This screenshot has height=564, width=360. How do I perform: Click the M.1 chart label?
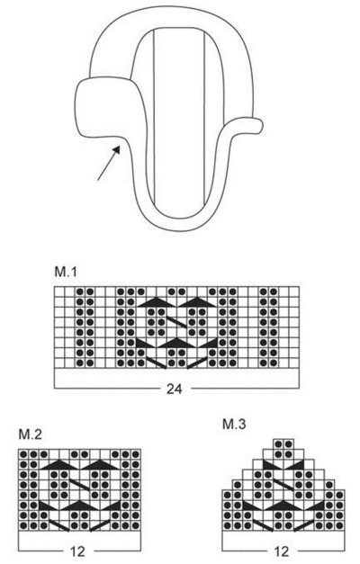[66, 272]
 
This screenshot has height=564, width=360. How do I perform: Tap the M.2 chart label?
[31, 434]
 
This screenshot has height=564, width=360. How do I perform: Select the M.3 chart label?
[234, 424]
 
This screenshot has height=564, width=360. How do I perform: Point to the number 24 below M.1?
[175, 389]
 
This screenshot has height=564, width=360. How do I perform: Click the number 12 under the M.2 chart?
[76, 551]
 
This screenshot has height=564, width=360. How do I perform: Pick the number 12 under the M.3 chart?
[282, 551]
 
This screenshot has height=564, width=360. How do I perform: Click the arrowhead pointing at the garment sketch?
[116, 149]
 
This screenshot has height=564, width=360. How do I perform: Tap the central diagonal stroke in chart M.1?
[176, 322]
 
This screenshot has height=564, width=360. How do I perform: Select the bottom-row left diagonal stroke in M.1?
[157, 363]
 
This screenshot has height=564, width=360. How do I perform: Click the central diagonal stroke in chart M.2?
[79, 485]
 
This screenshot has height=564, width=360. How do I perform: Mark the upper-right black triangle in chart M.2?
[99, 465]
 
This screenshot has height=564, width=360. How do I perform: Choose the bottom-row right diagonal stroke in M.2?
[99, 525]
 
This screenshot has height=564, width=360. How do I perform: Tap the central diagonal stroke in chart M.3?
[283, 485]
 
